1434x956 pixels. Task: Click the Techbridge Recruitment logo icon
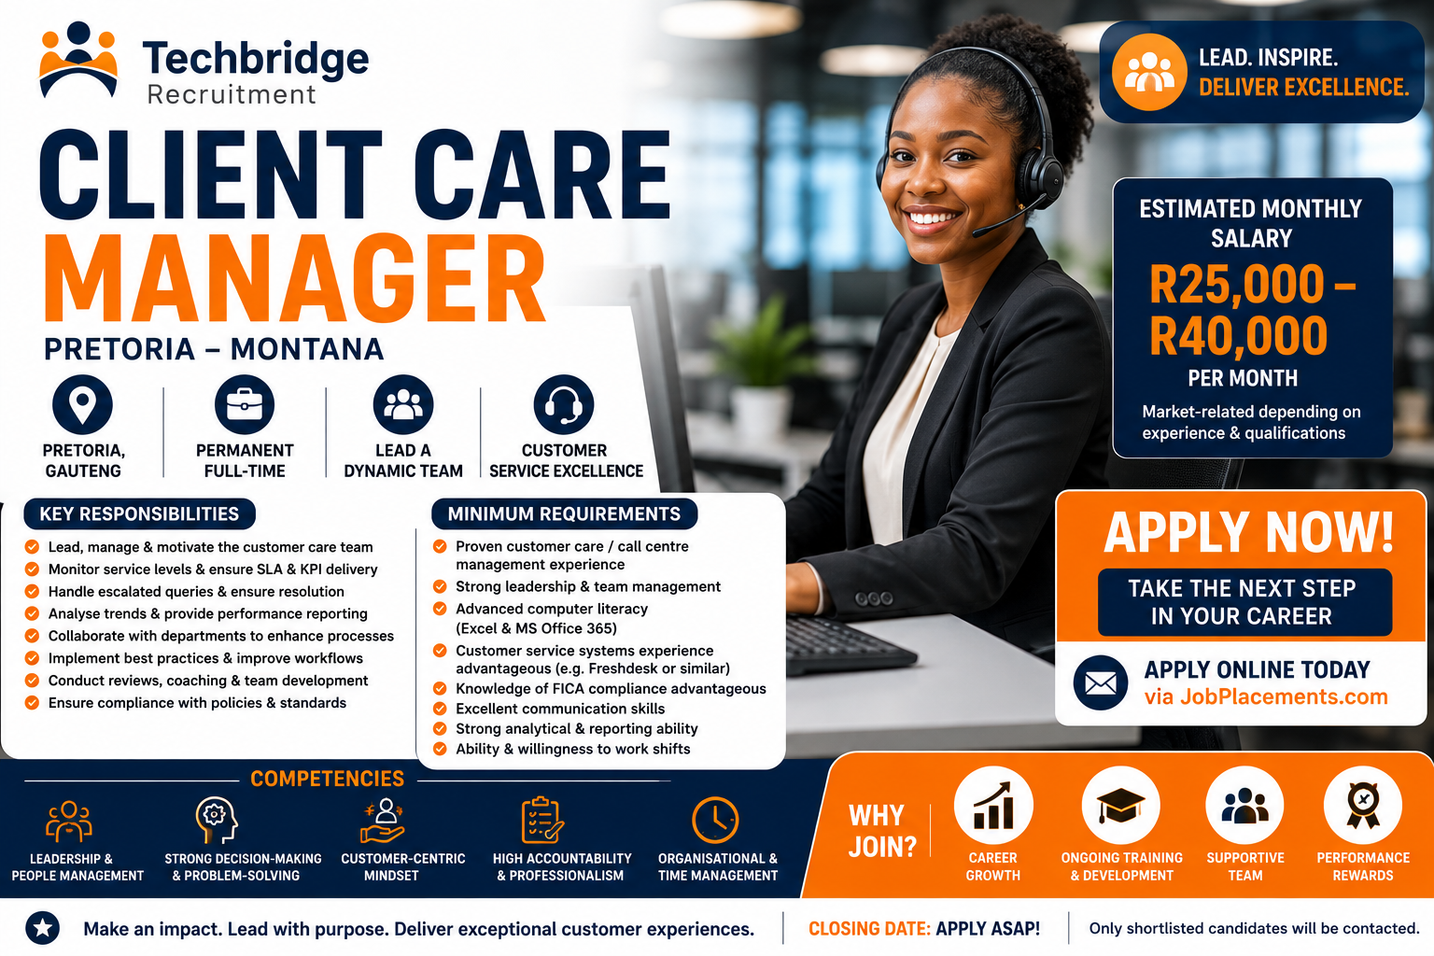78,60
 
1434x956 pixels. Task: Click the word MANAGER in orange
294,278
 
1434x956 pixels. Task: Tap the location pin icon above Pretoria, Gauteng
82,404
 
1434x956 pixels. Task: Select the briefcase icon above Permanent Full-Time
245,404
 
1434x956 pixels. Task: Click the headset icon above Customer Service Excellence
564,404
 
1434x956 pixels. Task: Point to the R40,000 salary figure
1239,335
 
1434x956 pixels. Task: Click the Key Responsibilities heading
139,514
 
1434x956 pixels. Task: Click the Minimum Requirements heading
564,514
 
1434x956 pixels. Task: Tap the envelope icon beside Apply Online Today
1101,682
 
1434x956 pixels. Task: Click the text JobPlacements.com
1284,696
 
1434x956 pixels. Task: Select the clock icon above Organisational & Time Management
716,821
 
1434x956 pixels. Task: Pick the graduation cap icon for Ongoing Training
1121,806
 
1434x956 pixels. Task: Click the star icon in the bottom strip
43,928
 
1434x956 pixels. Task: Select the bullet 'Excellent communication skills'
560,709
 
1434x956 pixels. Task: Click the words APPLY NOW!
1249,532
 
